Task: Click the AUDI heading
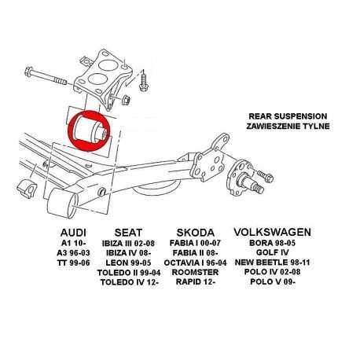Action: (x=77, y=232)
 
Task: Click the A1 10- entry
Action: (x=77, y=244)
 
